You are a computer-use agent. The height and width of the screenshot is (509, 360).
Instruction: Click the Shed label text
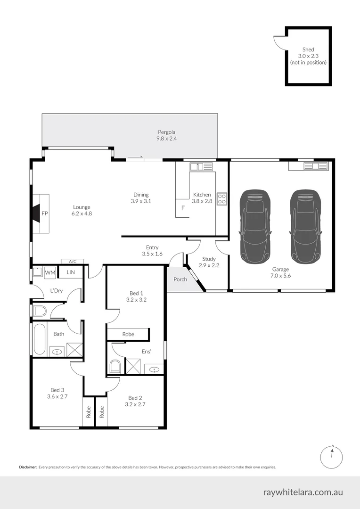(308, 49)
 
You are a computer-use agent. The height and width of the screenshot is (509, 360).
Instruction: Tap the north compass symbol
(332, 456)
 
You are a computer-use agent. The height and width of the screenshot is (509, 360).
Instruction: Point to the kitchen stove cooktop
(221, 199)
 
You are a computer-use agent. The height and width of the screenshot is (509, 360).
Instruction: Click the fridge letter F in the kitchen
(182, 208)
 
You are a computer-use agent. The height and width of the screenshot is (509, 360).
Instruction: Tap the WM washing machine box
(50, 272)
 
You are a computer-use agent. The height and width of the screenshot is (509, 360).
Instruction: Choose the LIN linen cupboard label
(71, 272)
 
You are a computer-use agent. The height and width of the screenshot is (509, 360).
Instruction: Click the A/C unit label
(73, 262)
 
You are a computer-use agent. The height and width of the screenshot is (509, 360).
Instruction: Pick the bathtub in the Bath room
(40, 339)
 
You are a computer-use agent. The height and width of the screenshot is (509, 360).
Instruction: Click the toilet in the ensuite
(115, 366)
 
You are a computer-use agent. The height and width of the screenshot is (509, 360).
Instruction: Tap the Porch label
(180, 279)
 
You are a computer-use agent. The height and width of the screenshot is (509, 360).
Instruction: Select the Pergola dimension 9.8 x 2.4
(166, 139)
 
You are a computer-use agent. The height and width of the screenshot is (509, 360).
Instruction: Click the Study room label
(209, 259)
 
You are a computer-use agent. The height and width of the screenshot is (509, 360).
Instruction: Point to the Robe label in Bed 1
(128, 334)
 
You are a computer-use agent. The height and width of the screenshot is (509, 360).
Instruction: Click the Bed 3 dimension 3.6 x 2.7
(57, 397)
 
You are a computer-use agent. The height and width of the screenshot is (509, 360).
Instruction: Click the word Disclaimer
(28, 467)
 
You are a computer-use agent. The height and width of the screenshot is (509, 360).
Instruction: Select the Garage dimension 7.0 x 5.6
(281, 276)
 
